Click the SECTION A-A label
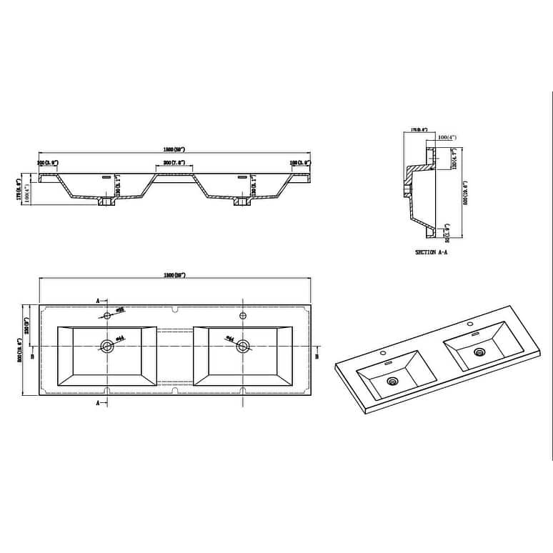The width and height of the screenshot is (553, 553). (x=430, y=253)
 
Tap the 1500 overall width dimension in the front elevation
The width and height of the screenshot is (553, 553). (x=174, y=150)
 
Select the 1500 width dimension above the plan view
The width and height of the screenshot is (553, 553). (x=174, y=275)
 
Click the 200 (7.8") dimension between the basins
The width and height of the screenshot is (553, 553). (x=174, y=164)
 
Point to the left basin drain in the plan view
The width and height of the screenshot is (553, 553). (x=108, y=347)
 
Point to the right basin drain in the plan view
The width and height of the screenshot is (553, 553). (x=243, y=347)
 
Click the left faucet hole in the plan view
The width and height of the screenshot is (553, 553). (x=107, y=315)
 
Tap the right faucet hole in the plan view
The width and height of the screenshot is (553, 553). (x=242, y=315)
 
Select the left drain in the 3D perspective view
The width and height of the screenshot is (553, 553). (x=392, y=381)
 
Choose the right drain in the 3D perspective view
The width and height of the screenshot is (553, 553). (x=480, y=352)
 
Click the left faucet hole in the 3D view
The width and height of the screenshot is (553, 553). (x=383, y=353)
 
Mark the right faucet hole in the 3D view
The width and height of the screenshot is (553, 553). (x=471, y=325)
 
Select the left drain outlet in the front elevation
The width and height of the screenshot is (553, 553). (x=106, y=203)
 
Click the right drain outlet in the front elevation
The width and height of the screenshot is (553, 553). (x=240, y=203)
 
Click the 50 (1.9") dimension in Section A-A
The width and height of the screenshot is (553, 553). (x=446, y=231)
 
